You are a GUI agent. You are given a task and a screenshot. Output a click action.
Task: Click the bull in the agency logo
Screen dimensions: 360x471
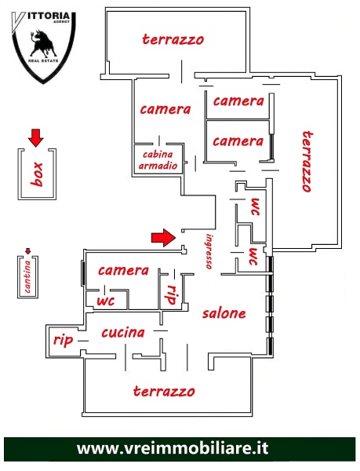pos(43,43)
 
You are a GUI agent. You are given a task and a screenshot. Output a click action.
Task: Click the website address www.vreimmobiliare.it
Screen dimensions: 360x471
pos(173,449)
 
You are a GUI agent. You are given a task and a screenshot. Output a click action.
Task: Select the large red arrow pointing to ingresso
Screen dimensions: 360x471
pos(163,238)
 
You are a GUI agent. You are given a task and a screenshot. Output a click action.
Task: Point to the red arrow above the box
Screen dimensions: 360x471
pos(36,138)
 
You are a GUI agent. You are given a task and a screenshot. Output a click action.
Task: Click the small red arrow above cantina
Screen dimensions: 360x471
pos(28,251)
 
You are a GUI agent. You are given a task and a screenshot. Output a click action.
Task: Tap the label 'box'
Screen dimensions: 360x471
pos(37,174)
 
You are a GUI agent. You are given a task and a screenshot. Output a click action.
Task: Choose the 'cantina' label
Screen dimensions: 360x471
pos(27,276)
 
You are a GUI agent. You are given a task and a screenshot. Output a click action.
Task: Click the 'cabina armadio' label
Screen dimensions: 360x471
pos(158,160)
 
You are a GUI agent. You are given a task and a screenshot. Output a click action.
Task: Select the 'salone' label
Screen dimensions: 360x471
pos(224,313)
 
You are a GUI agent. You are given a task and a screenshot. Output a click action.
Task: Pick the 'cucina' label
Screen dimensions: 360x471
pos(123,332)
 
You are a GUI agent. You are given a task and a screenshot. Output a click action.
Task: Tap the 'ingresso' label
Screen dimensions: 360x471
pos(209,251)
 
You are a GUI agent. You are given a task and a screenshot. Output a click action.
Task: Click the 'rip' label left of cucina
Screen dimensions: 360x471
pos(63,341)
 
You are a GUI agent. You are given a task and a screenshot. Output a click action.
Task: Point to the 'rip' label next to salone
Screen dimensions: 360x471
pos(172,294)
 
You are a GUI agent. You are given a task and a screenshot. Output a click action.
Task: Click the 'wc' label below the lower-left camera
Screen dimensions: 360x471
pos(106,301)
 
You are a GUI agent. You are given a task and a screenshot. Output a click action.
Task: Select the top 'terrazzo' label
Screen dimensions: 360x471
pos(173,39)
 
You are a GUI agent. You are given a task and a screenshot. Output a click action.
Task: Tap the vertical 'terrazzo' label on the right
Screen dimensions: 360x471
pos(307,161)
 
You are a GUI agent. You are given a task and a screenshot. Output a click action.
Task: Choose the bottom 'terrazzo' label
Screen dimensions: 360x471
pos(164,391)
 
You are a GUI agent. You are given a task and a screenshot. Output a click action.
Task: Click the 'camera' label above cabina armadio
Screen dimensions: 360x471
pos(165,109)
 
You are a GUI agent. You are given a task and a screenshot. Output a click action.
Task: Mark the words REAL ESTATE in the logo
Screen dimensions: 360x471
pos(43,61)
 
